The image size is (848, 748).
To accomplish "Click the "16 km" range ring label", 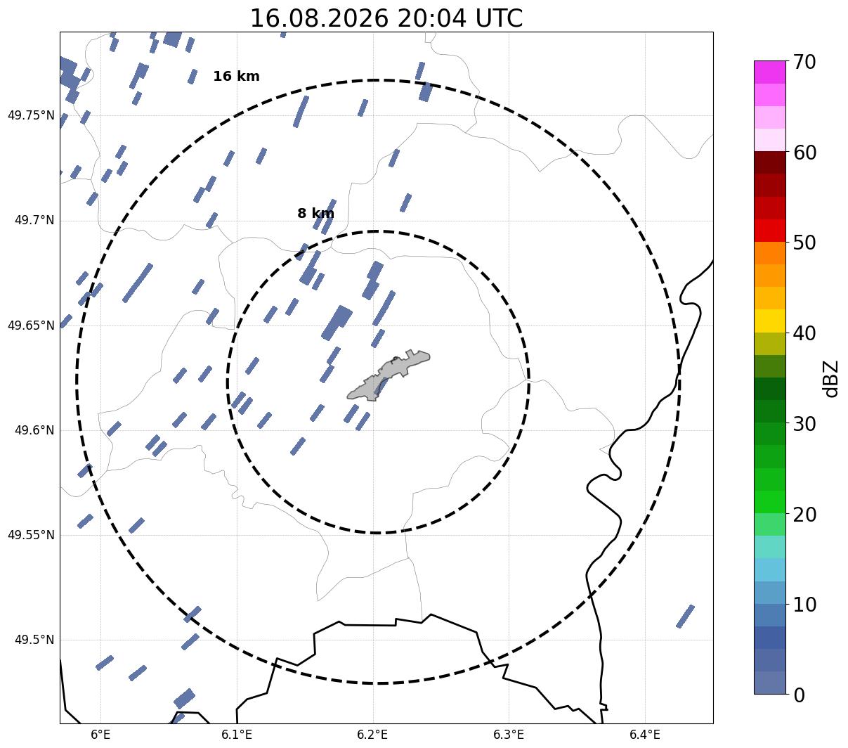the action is (x=236, y=76).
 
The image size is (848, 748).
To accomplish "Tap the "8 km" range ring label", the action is (x=315, y=213).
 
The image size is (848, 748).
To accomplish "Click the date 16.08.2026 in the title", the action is (x=320, y=19).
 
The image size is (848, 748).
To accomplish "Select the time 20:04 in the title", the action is (x=431, y=19).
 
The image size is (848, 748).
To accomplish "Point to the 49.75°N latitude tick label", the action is (x=31, y=115).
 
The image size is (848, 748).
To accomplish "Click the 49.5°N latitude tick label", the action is (x=34, y=640).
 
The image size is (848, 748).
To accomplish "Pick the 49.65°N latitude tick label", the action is (x=31, y=325).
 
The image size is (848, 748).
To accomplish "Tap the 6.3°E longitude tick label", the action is (x=509, y=734).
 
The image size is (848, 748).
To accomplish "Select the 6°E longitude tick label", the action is (x=100, y=734).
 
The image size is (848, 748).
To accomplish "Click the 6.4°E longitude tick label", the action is (x=644, y=734).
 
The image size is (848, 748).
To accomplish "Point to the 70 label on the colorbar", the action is (x=804, y=63).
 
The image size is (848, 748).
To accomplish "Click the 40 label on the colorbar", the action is (x=804, y=334).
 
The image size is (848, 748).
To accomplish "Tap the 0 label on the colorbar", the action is (x=799, y=696).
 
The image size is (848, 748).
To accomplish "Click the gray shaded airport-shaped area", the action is (x=389, y=375).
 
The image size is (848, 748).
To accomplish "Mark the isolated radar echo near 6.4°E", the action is (x=685, y=617).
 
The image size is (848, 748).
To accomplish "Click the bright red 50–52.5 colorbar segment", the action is (x=770, y=231).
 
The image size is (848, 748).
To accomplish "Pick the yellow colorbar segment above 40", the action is (x=770, y=321).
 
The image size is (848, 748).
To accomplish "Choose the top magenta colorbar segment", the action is (x=770, y=72).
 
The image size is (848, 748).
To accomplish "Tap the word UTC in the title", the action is (x=499, y=19).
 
